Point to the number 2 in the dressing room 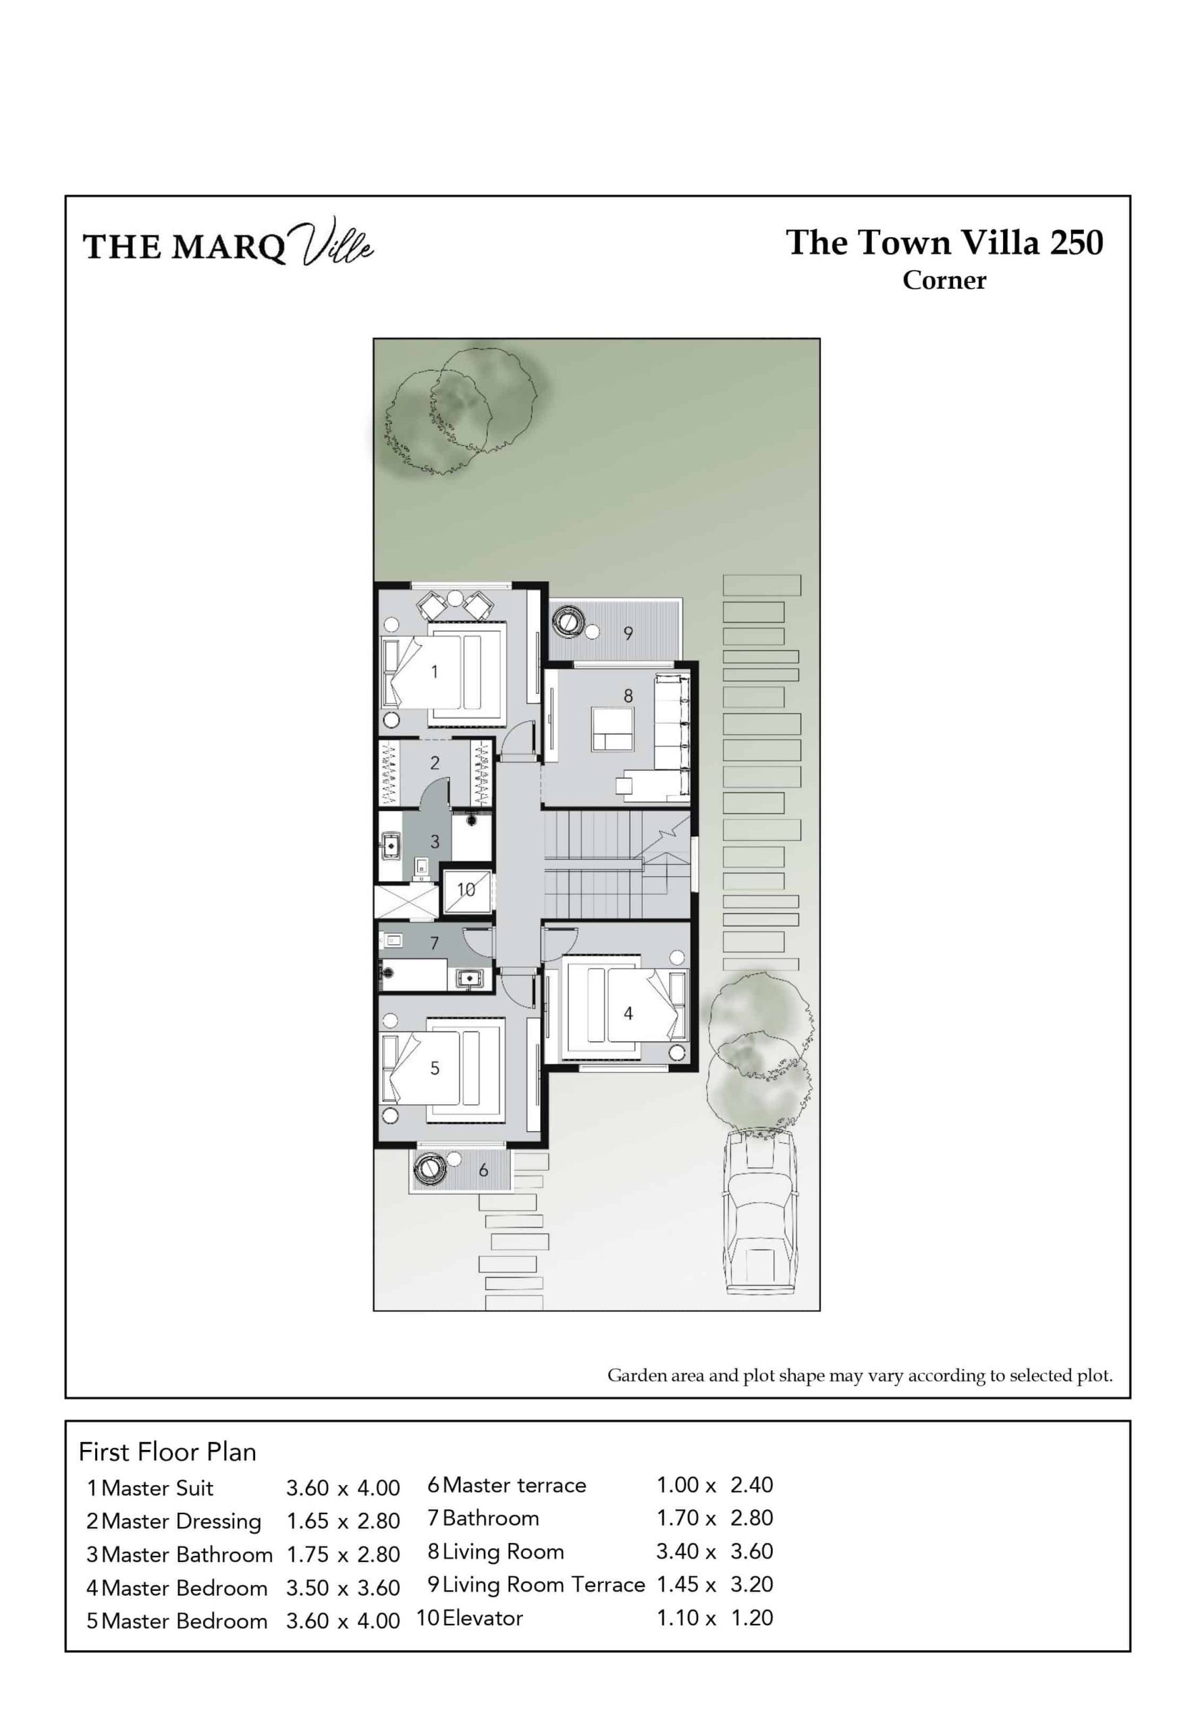435,763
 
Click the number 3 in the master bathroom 435,842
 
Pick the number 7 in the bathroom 435,944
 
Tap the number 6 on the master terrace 483,1170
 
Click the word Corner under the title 944,280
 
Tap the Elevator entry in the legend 483,1617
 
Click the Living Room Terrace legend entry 543,1584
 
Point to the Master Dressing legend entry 182,1521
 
